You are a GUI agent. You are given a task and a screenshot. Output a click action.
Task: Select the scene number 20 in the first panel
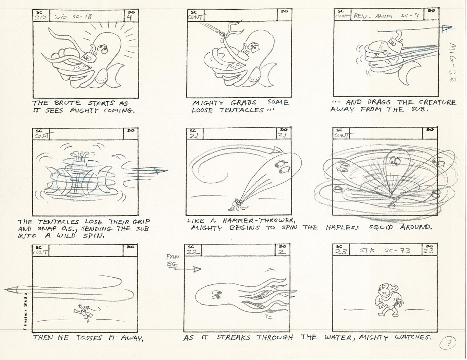[x=40, y=17]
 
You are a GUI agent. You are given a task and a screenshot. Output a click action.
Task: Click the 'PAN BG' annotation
[x=173, y=261]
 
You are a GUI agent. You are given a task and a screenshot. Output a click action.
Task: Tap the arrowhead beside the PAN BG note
[x=197, y=269]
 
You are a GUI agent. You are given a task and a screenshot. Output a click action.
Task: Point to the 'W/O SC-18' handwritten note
[x=73, y=17]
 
